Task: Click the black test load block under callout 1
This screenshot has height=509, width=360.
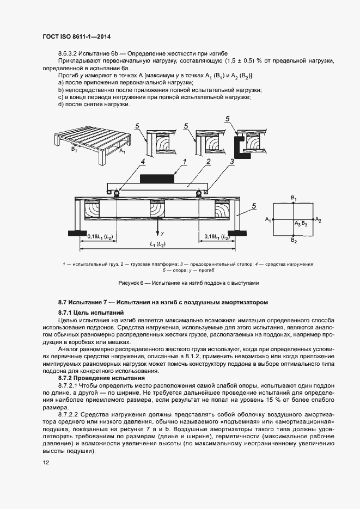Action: coord(157,178)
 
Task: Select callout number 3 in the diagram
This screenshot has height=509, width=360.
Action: coord(232,162)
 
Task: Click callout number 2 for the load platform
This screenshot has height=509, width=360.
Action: coord(208,162)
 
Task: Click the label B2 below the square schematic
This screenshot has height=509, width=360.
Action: coord(294,240)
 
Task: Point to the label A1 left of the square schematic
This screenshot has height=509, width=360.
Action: coord(267,219)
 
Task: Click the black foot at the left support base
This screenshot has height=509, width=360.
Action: coord(77,233)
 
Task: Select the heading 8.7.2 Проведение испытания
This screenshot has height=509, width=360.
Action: coord(102,377)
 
